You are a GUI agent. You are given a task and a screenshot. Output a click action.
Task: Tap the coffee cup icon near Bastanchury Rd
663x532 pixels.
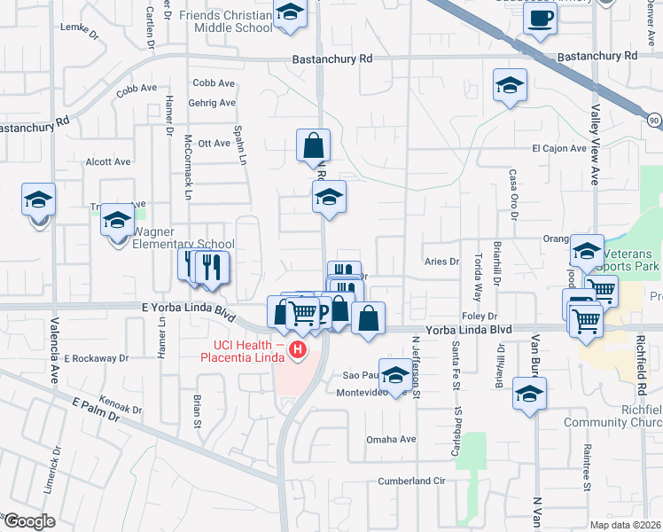coord(540,18)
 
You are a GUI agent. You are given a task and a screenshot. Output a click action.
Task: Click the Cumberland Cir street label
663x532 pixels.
coord(409,481)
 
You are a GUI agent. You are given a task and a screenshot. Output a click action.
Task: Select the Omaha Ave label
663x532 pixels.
coord(391,439)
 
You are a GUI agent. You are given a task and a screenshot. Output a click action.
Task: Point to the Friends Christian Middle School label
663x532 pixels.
coord(226,21)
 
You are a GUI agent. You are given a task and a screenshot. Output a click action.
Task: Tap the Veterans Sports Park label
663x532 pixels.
coord(628,259)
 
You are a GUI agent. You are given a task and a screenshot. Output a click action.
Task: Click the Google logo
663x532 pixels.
coord(28,521)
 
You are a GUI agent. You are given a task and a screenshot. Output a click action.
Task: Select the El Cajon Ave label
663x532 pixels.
coord(558,148)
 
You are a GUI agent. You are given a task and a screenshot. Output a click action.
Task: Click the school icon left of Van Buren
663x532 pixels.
coord(529,395)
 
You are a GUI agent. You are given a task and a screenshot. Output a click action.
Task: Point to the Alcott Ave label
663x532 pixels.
coord(107,162)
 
